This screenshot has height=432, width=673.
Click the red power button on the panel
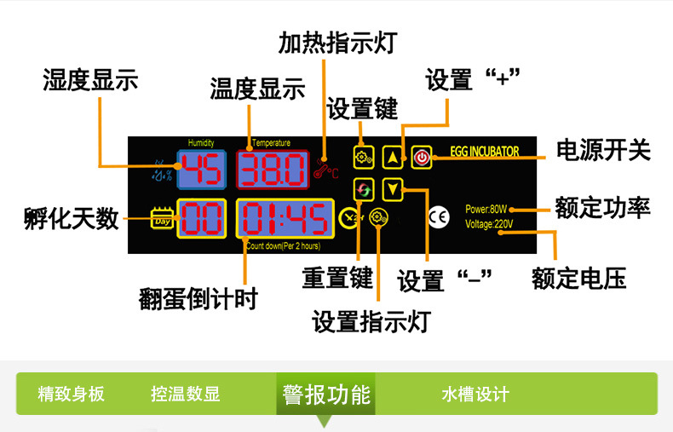(x=422, y=156)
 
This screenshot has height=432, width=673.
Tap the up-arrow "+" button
(x=392, y=156)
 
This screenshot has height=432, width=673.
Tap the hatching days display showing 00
(x=202, y=219)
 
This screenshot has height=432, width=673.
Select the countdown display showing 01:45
(x=285, y=219)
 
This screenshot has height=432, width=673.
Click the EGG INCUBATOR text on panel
(x=483, y=153)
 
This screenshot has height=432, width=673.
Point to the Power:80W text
(x=486, y=210)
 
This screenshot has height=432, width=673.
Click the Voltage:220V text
(x=489, y=225)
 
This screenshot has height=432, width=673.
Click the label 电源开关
(x=603, y=150)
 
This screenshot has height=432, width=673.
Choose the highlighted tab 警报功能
(x=327, y=395)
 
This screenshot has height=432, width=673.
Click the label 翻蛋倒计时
(x=198, y=298)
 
